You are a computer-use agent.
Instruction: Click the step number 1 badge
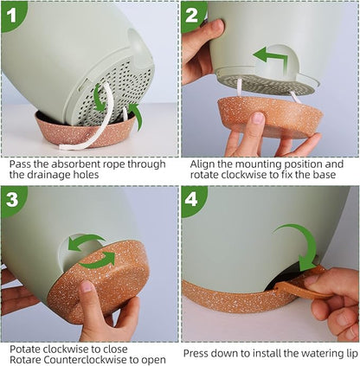pos(13,13)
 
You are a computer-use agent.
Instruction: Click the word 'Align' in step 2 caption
pos(199,163)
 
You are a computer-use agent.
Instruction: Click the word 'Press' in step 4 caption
pos(200,353)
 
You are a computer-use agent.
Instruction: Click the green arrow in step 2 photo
pos(273,59)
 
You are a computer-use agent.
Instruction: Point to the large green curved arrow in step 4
pos(299,243)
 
